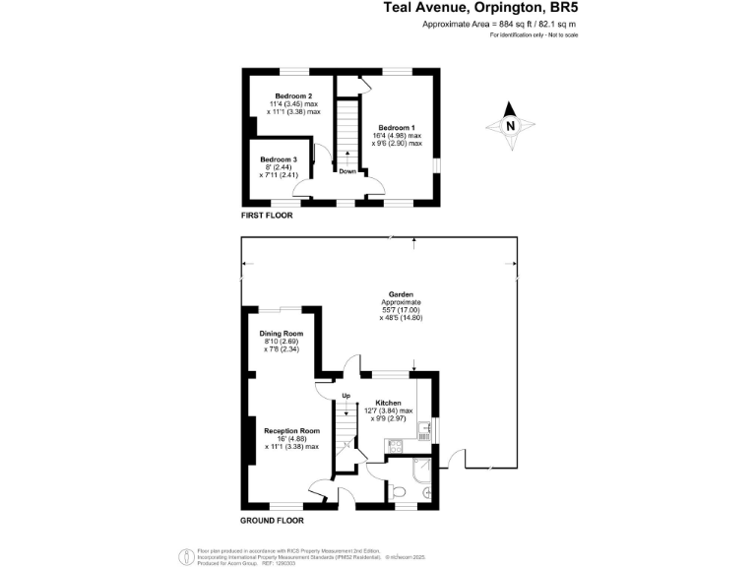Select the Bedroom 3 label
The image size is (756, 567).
tap(279, 159)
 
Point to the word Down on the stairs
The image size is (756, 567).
tap(347, 171)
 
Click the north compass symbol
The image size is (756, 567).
tap(509, 126)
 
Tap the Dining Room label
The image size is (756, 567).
tap(281, 334)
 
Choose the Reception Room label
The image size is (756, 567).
tap(292, 430)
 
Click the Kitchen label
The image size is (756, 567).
tap(388, 403)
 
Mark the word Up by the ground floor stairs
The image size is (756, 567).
tap(346, 396)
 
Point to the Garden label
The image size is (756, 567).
tap(401, 294)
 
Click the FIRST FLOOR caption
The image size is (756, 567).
tap(268, 214)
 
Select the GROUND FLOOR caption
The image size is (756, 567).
tap(272, 520)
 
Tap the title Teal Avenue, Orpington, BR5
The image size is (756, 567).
tap(480, 9)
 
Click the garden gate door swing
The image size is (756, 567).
tap(453, 459)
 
